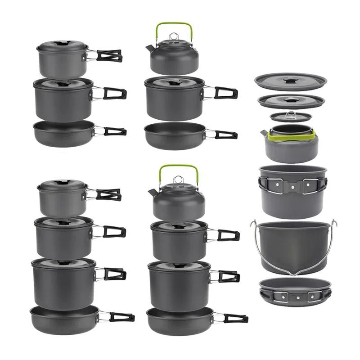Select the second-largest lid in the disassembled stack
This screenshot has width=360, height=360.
(x=291, y=101)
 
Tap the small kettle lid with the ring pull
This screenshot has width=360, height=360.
(x=291, y=117)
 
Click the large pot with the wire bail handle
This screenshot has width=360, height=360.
(x=292, y=245)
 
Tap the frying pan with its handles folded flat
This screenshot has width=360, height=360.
(x=295, y=290)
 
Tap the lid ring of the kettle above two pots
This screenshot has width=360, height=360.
(x=178, y=180)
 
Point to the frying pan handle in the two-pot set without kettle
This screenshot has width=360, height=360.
(x=115, y=131)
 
